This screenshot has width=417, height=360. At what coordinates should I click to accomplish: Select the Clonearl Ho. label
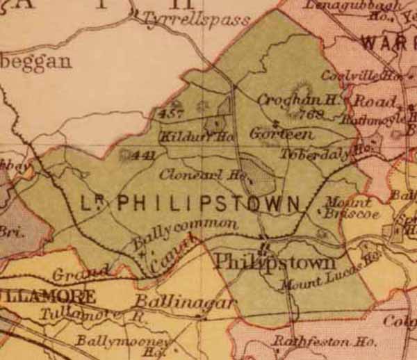[x=202, y=174]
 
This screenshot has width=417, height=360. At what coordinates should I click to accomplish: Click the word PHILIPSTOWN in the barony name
[x=208, y=204]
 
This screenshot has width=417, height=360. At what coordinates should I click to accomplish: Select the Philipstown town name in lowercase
[x=275, y=262]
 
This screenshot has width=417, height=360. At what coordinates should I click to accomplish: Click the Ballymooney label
[x=122, y=342]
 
